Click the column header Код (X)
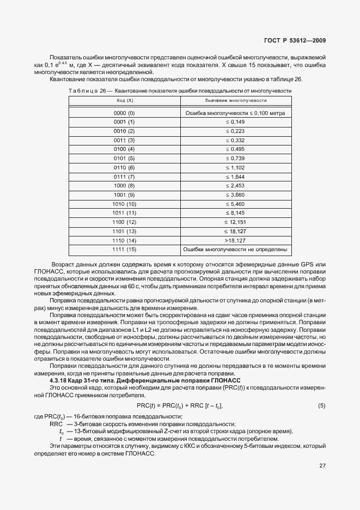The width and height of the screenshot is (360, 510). tap(124, 101)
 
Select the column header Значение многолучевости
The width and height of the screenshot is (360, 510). tap(235, 101)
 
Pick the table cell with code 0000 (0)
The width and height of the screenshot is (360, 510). tap(124, 113)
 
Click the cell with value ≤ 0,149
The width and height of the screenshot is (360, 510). tap(235, 122)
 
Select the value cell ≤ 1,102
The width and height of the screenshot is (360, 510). tap(235, 168)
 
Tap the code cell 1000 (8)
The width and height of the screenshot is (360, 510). tap(124, 186)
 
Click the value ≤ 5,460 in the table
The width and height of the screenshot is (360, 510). tap(235, 204)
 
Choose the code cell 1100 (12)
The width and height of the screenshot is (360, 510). tap(124, 222)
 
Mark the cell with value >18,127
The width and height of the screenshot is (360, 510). tap(235, 240)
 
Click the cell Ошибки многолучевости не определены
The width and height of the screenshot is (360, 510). tap(235, 250)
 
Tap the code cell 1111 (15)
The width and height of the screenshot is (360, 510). tap(124, 250)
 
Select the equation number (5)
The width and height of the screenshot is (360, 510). tap(321, 406)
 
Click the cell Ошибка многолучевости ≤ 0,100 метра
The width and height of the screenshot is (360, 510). tap(235, 113)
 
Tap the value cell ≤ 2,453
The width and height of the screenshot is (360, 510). tap(235, 186)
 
